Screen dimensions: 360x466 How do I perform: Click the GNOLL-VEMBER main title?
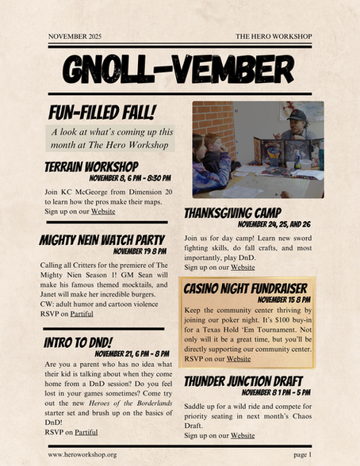tap(180, 71)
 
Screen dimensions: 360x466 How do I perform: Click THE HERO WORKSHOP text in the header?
tap(274, 37)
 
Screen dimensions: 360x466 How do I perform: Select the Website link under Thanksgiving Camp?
tap(243, 267)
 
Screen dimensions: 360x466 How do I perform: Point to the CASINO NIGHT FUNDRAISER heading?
tap(246, 288)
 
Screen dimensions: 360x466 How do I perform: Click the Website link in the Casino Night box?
tap(239, 358)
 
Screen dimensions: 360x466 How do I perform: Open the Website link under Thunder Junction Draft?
tap(243, 435)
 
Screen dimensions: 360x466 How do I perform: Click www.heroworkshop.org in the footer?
tap(82, 454)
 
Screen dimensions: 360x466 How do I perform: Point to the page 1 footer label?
tap(302, 454)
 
